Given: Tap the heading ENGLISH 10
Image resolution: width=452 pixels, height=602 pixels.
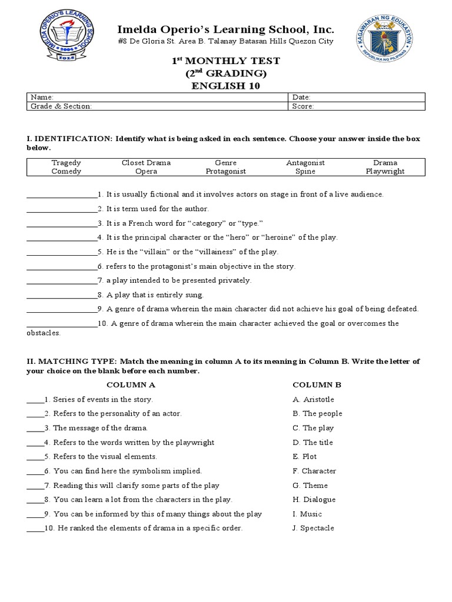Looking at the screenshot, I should pos(225,86).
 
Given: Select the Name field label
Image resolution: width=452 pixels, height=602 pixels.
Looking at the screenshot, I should pos(42,97).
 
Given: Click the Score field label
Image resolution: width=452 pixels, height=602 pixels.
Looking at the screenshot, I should pos(303,106).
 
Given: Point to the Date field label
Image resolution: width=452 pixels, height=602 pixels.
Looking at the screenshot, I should pos(301,97).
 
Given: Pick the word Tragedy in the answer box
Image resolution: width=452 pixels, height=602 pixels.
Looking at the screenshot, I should pos(67,163).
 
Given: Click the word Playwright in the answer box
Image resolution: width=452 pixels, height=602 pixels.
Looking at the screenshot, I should pos(385,172).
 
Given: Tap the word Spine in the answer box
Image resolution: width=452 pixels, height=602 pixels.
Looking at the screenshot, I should pos(305,172).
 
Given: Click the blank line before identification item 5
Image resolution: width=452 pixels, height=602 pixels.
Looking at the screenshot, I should pos(62,252).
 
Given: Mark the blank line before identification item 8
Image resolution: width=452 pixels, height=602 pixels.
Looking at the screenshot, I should pos(62,295).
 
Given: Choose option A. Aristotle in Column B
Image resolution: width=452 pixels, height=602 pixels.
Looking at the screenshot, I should pos(313,399).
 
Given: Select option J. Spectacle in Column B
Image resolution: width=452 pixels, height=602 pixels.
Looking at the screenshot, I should pos(313,528).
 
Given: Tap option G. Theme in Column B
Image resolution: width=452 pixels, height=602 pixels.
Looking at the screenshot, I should pos(310,485).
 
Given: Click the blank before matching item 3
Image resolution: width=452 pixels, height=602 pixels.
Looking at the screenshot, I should pos(35,428).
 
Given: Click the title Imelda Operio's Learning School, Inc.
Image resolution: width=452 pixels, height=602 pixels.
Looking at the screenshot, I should pos(226,29).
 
